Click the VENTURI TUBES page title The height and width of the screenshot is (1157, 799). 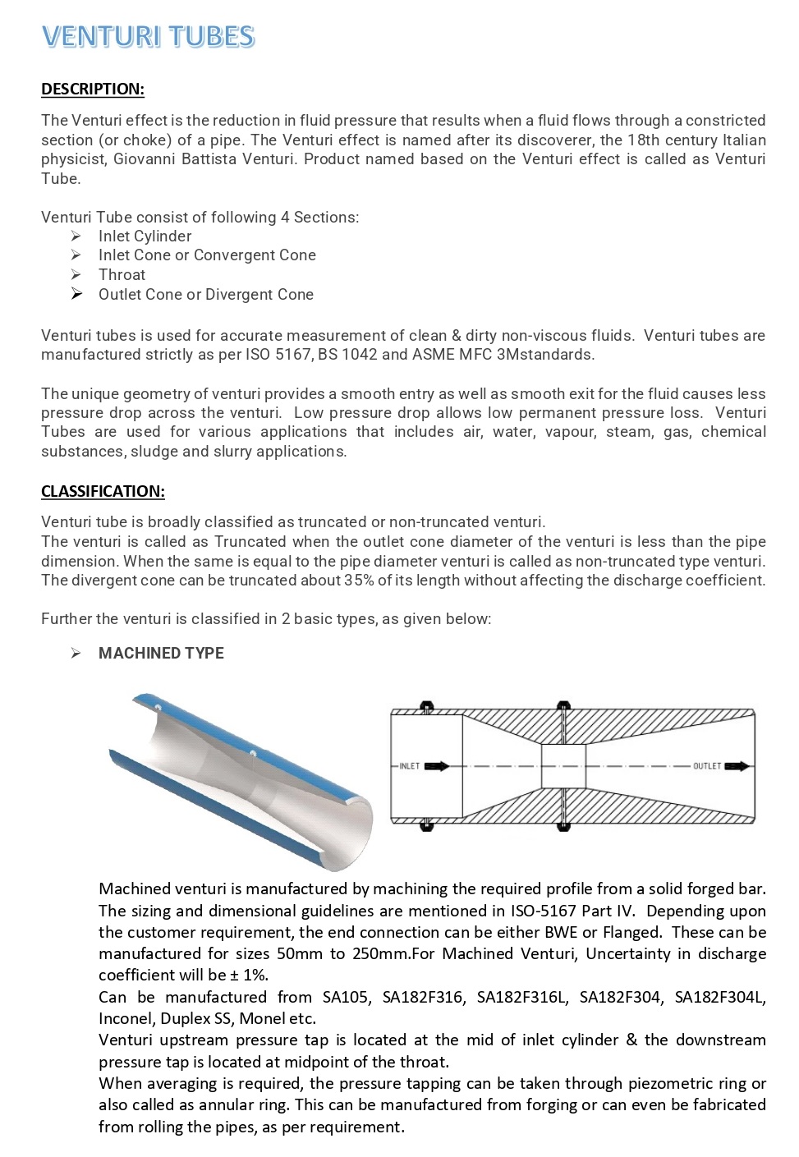148,37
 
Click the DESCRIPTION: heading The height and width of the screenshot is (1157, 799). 93,89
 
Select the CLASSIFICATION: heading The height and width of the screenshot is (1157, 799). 103,491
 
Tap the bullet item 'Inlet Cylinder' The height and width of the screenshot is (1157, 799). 145,236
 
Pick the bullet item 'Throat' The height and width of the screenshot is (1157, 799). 122,275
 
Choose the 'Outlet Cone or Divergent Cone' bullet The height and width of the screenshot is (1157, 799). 205,294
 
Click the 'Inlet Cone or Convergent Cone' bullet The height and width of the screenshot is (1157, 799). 207,255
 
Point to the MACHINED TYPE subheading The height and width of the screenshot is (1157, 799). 161,653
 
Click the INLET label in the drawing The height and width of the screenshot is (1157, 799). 409,766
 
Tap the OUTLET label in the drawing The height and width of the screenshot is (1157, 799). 706,766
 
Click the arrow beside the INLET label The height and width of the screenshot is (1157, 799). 436,766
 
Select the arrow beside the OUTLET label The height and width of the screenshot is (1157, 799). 737,766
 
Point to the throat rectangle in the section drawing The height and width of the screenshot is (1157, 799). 563,766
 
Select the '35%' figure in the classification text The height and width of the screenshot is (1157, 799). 359,581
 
